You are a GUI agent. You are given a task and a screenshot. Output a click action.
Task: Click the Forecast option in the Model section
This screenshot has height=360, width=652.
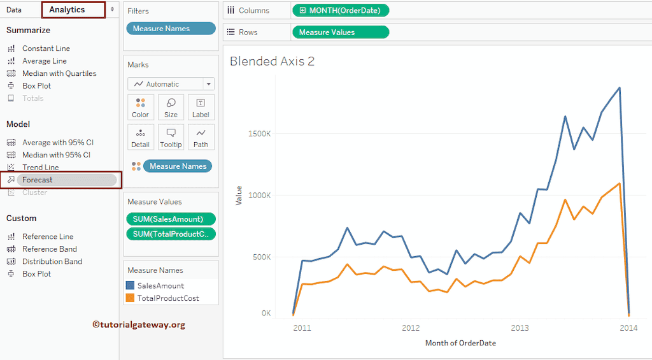pos(38,180)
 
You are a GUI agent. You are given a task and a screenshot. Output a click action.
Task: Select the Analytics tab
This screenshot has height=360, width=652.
pos(67,10)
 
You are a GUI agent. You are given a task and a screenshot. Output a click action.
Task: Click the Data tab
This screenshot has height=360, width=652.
pos(14,10)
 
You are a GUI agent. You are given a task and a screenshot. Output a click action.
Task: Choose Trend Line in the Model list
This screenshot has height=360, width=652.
pos(40,168)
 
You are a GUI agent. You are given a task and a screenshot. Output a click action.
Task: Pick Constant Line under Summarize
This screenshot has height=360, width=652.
pos(46,48)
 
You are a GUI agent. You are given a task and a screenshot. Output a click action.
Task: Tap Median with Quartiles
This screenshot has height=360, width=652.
pos(59,73)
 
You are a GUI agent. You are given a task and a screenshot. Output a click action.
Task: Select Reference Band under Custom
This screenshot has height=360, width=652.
pos(49,249)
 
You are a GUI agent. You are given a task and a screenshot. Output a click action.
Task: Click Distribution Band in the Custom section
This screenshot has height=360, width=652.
pos(52,261)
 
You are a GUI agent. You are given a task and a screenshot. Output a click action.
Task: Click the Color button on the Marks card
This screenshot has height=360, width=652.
pos(141,108)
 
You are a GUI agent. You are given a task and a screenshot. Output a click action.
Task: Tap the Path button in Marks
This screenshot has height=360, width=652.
pos(201,137)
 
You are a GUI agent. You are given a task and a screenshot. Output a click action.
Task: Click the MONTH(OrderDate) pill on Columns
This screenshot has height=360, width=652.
pos(340,10)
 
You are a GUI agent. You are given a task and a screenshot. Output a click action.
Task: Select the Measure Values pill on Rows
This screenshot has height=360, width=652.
pos(340,32)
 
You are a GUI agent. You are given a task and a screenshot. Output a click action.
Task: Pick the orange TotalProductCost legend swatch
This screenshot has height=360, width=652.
pos(131,298)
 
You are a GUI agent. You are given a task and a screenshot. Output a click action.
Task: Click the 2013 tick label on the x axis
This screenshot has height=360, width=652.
pos(520,328)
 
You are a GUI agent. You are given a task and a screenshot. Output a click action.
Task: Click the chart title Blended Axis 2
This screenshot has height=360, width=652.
pos(272,61)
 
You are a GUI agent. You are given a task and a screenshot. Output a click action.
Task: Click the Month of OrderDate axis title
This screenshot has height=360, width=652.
pos(460,343)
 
